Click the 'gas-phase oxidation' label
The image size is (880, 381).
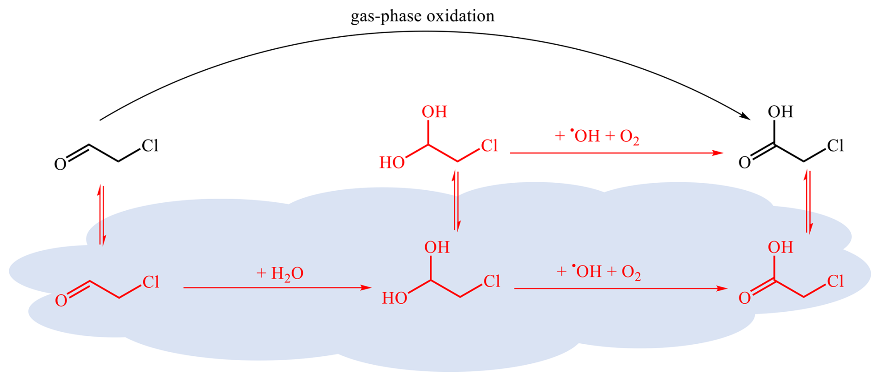click(x=422, y=16)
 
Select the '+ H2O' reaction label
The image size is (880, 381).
click(x=280, y=274)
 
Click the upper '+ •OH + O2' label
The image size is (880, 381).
click(x=597, y=136)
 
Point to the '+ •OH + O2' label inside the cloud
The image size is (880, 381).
click(x=599, y=272)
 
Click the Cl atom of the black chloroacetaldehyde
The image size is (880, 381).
click(x=150, y=146)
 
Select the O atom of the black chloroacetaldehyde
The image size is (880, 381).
click(x=60, y=165)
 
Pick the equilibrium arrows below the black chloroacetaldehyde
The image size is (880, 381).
click(x=101, y=215)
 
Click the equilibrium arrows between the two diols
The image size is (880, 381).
click(x=457, y=201)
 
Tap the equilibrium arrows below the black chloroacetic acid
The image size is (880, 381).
click(x=808, y=202)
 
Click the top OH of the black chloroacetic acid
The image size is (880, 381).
click(x=780, y=112)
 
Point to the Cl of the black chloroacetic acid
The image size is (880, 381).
click(x=835, y=146)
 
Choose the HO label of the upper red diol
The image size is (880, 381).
click(x=392, y=163)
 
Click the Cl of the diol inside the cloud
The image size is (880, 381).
click(x=492, y=281)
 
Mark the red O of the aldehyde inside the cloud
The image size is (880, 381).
click(x=61, y=301)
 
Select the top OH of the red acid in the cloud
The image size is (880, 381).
click(x=780, y=247)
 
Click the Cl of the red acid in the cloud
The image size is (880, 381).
click(x=835, y=281)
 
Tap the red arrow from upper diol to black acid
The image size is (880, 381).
click(x=616, y=153)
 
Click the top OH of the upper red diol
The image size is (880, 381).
click(x=434, y=112)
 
